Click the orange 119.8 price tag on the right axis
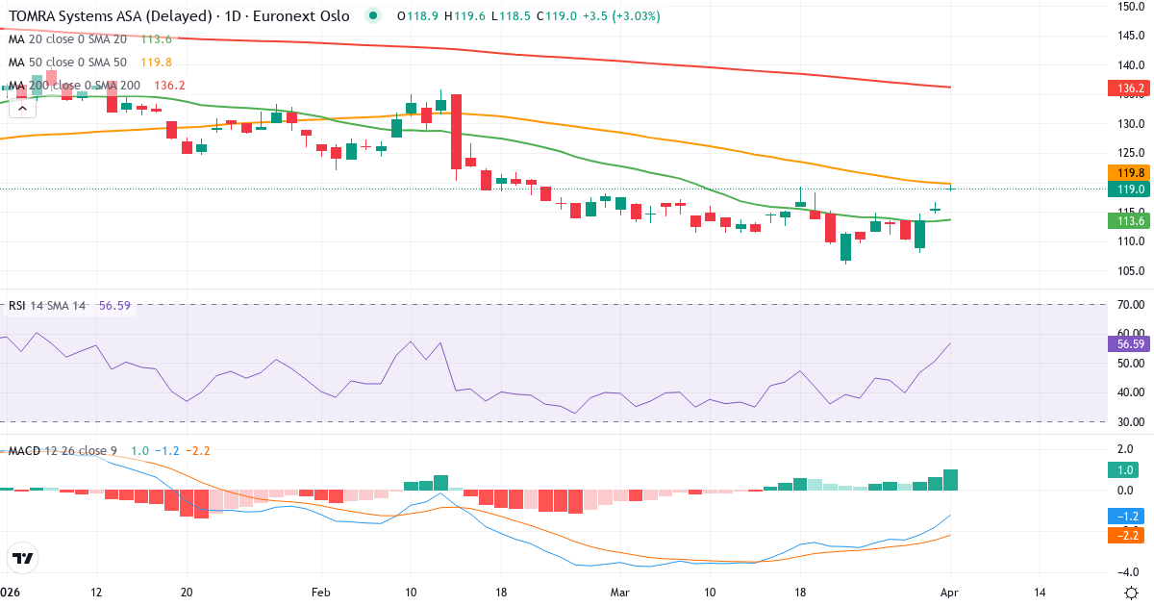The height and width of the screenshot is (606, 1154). (x=1130, y=172)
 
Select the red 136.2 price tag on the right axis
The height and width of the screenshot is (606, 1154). (x=1130, y=88)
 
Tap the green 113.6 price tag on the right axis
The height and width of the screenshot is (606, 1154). (x=1130, y=220)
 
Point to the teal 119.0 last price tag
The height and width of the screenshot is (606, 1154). (x=1130, y=189)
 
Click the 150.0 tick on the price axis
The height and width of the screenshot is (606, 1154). (x=1130, y=7)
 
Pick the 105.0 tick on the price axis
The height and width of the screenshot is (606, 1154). (x=1130, y=270)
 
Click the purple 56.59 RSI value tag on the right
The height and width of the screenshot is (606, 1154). (x=1131, y=343)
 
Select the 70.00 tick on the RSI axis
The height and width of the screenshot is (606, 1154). (x=1130, y=305)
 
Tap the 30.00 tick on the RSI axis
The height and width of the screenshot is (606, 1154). (x=1130, y=421)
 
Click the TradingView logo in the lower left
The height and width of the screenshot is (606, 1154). (x=23, y=558)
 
